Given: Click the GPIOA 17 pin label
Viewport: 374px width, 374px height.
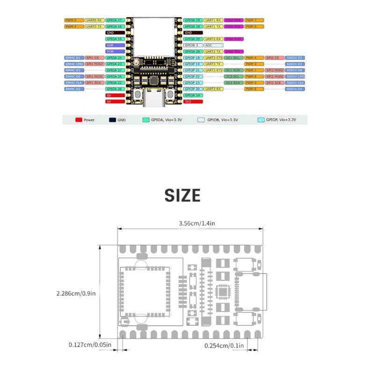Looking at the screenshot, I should point(115,21).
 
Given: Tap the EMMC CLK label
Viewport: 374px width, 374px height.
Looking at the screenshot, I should point(74,82).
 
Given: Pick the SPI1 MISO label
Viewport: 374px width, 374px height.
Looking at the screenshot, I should point(94,64).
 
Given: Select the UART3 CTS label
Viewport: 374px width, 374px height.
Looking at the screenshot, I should point(213,58).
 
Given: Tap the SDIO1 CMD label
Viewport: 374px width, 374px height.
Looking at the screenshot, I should point(295,76).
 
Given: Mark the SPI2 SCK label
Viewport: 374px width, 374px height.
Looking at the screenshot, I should point(275,82).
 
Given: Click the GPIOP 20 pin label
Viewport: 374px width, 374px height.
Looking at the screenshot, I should point(193,89).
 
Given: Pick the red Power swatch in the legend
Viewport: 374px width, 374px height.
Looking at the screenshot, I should point(79,120).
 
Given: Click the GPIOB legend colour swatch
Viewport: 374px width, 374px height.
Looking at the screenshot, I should point(201,120).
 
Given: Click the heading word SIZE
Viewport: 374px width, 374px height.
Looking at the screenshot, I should point(182,195).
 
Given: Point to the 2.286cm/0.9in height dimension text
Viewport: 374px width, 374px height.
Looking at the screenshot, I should point(76,294).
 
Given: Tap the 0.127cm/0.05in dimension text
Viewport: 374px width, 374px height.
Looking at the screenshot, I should point(90,345).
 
